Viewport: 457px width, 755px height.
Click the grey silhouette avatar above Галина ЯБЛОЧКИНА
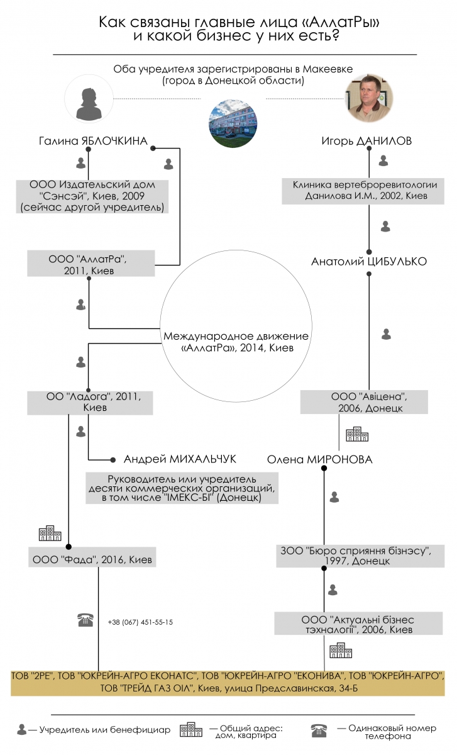tap(89, 98)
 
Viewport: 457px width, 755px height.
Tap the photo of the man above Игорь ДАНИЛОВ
tap(370, 98)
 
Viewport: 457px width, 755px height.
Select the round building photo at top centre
tap(233, 123)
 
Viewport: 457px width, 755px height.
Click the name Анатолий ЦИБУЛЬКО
tap(369, 262)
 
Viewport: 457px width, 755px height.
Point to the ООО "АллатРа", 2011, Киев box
tap(91, 263)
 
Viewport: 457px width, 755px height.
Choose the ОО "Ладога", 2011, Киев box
tap(90, 403)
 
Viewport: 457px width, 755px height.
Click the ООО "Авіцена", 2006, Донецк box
tap(364, 402)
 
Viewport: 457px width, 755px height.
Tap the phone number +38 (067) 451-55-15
tap(140, 622)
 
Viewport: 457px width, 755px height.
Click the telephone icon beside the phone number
tap(85, 620)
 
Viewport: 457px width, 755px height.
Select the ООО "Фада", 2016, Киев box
tap(92, 559)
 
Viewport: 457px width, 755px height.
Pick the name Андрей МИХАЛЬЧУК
tap(180, 459)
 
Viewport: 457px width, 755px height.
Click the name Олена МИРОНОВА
tap(319, 459)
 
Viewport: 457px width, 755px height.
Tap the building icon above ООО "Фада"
tap(50, 533)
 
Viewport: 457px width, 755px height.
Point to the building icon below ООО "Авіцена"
tap(357, 434)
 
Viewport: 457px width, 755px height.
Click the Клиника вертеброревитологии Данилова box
tap(363, 191)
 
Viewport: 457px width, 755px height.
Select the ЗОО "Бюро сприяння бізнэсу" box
tap(360, 556)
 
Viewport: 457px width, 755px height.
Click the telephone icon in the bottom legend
tap(319, 730)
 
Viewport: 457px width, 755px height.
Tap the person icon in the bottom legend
tap(22, 730)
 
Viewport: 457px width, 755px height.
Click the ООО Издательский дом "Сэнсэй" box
tap(92, 196)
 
